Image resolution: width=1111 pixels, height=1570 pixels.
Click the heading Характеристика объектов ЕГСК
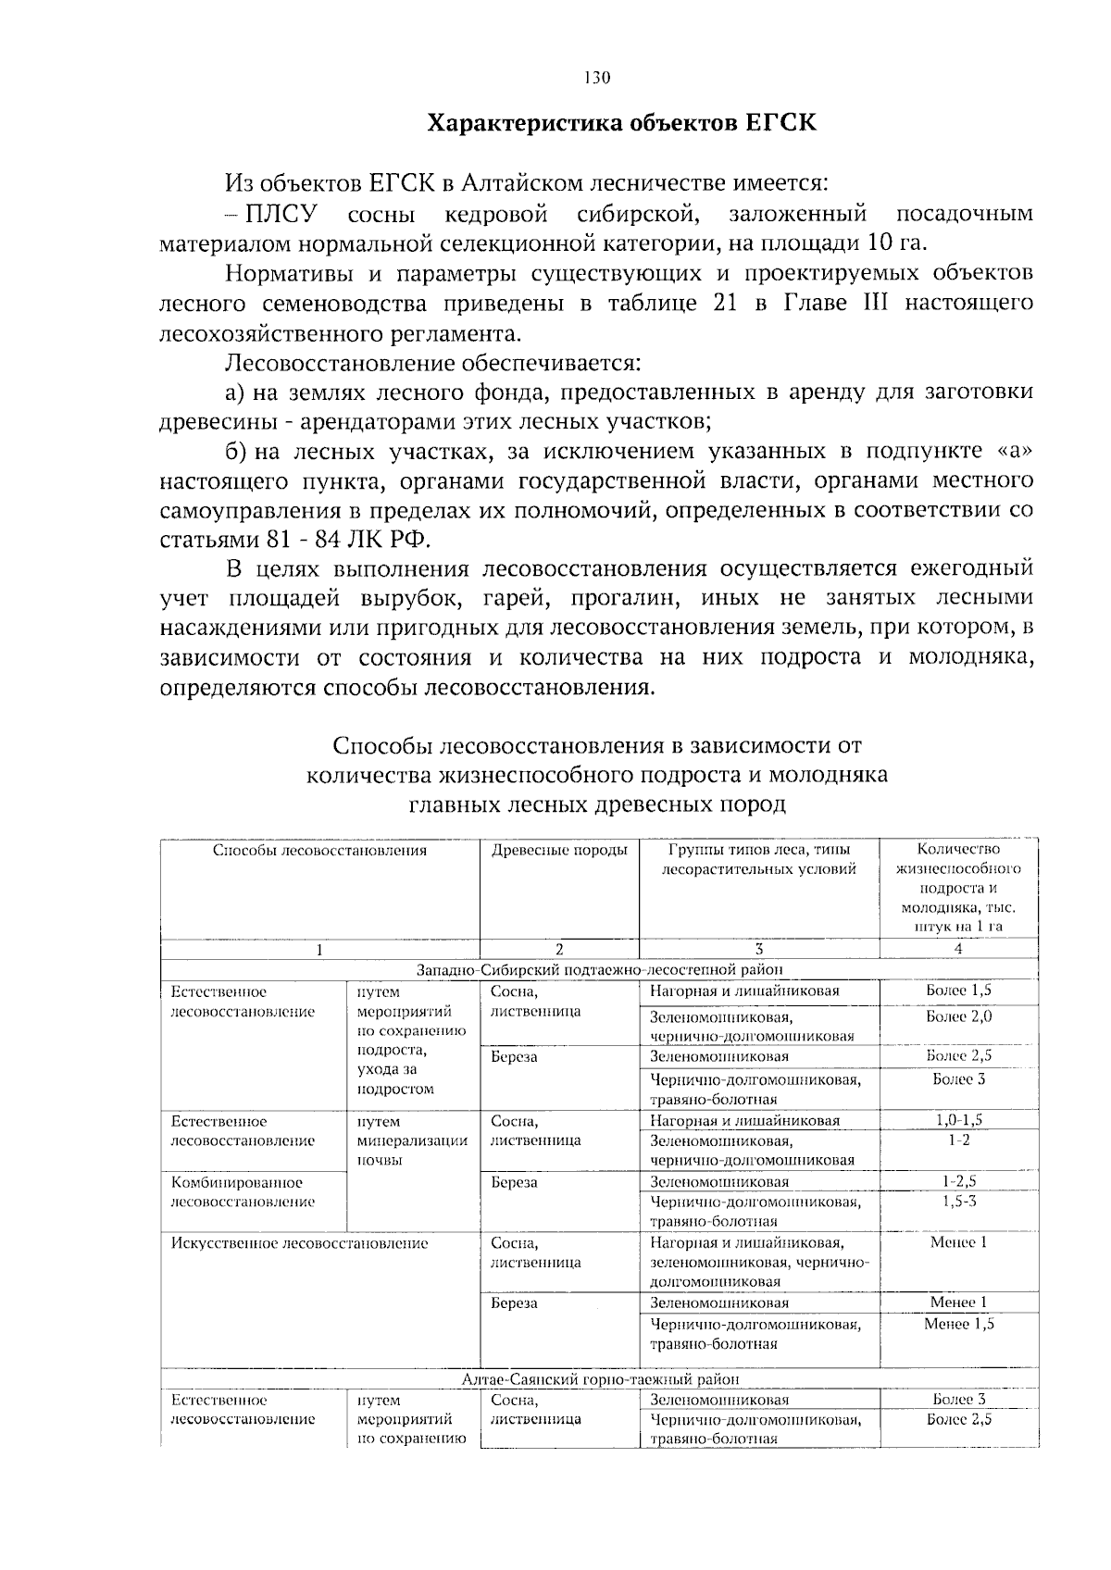[x=621, y=123]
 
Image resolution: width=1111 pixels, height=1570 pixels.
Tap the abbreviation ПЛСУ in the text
[x=280, y=215]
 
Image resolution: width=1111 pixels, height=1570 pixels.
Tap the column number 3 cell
[x=758, y=949]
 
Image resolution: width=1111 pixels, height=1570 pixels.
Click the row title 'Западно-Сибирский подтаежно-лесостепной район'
[x=600, y=969]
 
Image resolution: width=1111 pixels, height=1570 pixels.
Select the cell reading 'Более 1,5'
[x=958, y=991]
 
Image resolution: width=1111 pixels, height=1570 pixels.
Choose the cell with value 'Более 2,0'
[x=958, y=1016]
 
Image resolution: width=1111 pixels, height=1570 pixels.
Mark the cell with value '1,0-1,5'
[x=958, y=1120]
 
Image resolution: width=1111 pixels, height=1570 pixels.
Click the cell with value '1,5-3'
[x=958, y=1202]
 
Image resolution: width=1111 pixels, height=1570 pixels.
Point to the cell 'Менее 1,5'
[x=958, y=1325]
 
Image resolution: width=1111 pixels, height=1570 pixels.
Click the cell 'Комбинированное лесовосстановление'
[x=243, y=1192]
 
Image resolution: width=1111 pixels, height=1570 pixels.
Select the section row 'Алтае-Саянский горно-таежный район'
[x=600, y=1379]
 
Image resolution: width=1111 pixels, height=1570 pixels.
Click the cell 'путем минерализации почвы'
[x=411, y=1140]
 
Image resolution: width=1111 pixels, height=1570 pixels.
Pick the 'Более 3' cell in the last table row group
[x=958, y=1400]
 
